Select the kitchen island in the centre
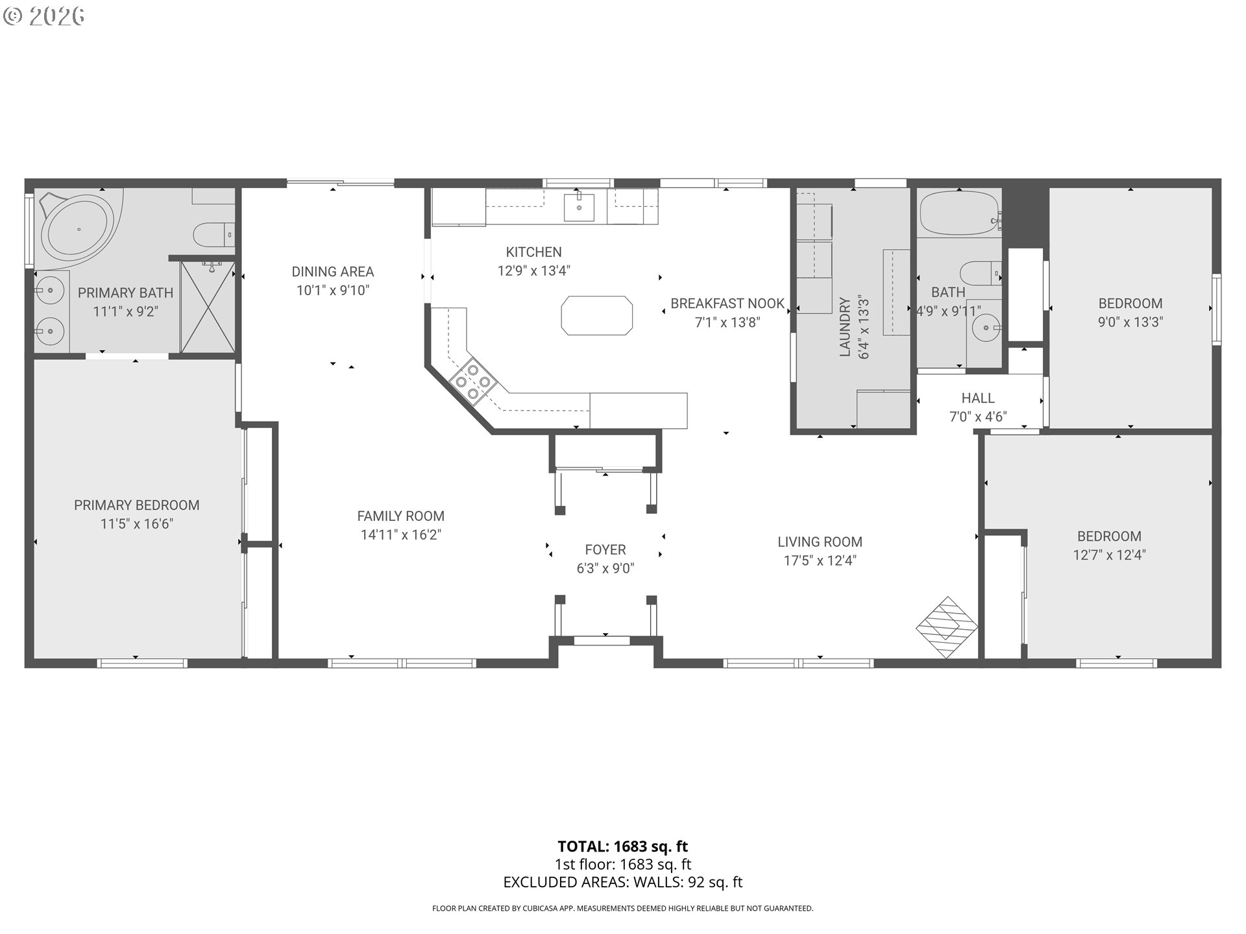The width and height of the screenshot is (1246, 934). coord(596,315)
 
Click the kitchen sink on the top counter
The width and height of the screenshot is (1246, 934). coord(579,206)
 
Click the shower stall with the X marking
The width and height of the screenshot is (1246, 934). coord(207,306)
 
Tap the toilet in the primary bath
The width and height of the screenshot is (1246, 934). coord(214,233)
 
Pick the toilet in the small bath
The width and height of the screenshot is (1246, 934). coord(981,272)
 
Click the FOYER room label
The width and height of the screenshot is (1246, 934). coord(605,550)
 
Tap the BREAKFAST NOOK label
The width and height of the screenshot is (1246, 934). coord(727,304)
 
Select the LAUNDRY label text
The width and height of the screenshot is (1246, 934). coord(844,327)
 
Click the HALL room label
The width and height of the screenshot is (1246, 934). coord(978,398)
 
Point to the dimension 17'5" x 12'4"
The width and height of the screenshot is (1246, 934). coord(820,561)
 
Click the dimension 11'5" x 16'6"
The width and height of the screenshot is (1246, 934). coord(136,524)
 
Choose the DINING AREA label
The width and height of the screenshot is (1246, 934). coord(332,272)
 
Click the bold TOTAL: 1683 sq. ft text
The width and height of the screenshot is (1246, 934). coord(622,846)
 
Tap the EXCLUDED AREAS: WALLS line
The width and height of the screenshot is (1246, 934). coord(622,882)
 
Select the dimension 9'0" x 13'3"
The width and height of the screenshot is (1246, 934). coord(1130,322)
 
